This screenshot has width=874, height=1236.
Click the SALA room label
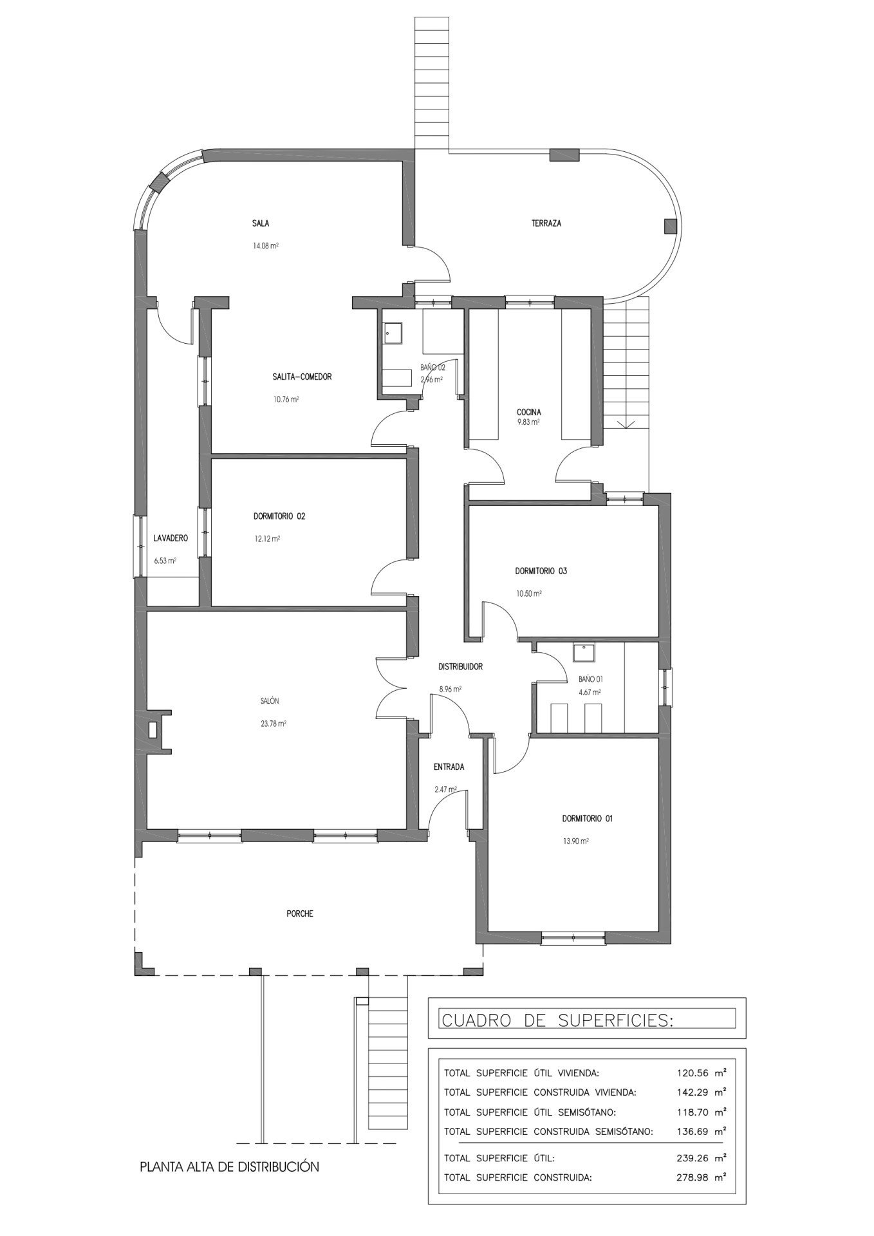pyautogui.click(x=261, y=223)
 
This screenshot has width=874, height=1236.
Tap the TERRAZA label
pyautogui.click(x=546, y=223)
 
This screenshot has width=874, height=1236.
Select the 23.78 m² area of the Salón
pyautogui.click(x=274, y=723)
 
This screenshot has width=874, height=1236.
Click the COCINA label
pyautogui.click(x=529, y=412)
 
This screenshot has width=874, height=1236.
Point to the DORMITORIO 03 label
pyautogui.click(x=541, y=570)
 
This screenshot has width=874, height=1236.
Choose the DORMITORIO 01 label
pyautogui.click(x=587, y=819)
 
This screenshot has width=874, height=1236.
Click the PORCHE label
pyautogui.click(x=300, y=913)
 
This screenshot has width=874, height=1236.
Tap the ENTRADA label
pyautogui.click(x=449, y=767)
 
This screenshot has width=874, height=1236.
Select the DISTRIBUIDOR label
pyautogui.click(x=460, y=667)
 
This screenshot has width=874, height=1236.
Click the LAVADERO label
pyautogui.click(x=170, y=538)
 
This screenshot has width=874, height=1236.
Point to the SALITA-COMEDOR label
pyautogui.click(x=302, y=377)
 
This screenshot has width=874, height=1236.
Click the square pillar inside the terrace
pyautogui.click(x=671, y=225)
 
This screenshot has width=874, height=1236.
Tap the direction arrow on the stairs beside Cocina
pyautogui.click(x=626, y=424)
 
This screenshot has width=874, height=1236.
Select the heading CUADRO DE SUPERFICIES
pyautogui.click(x=557, y=1020)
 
